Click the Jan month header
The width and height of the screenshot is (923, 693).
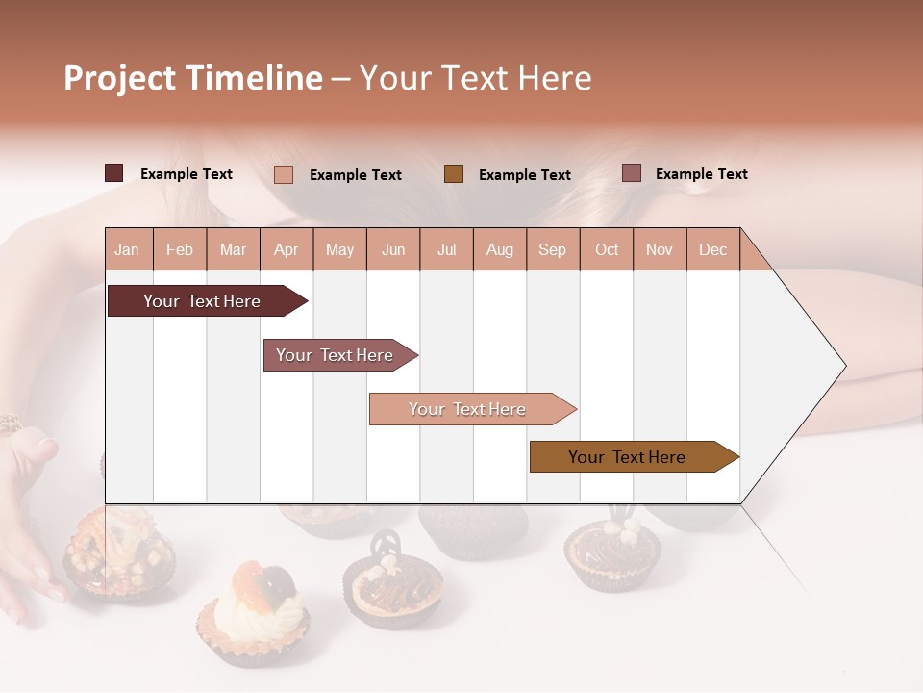[127, 249]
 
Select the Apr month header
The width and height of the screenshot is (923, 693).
[286, 249]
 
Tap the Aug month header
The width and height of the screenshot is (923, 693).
[499, 249]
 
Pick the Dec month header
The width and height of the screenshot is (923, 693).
[712, 249]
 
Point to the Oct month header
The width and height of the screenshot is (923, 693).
[607, 249]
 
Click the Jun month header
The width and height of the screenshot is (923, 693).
[392, 249]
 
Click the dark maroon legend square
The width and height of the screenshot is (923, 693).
[113, 173]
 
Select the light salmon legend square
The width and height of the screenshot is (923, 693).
[283, 174]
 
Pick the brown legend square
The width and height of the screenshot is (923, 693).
[454, 174]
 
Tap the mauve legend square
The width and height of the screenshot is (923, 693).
[631, 173]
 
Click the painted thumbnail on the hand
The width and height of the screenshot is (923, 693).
[46, 446]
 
